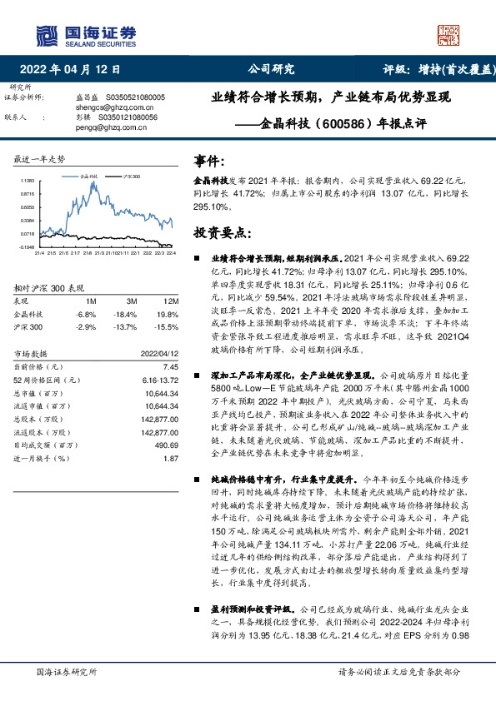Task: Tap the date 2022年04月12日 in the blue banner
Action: [x=75, y=69]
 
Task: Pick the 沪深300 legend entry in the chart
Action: [x=131, y=177]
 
